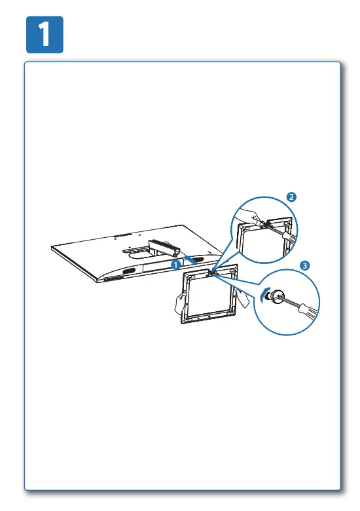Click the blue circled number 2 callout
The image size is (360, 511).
point(292,196)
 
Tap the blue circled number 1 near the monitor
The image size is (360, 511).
point(175,264)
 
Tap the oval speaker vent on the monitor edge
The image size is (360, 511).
point(128,271)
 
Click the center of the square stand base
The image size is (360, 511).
point(209,295)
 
